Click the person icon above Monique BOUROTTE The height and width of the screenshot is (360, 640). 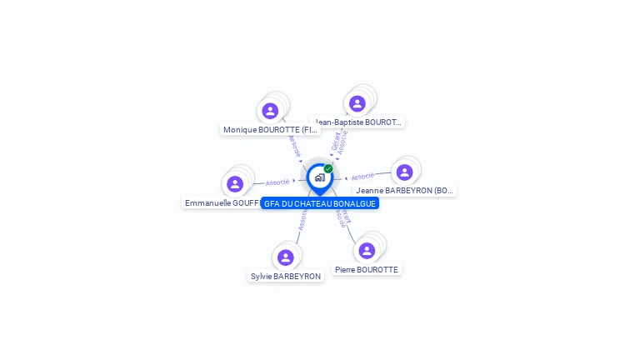(270, 111)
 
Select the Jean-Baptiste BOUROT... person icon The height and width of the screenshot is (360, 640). (357, 103)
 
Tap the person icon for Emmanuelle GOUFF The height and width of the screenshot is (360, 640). (235, 184)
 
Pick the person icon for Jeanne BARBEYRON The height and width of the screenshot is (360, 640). (405, 172)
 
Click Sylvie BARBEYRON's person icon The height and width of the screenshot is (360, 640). (286, 257)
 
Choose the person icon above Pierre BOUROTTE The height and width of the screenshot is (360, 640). (367, 251)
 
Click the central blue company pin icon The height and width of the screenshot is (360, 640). (319, 177)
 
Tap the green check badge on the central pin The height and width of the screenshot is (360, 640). (328, 168)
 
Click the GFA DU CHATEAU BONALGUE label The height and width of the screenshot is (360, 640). (319, 203)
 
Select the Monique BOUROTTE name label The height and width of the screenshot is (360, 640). (270, 130)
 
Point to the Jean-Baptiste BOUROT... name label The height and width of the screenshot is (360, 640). (358, 122)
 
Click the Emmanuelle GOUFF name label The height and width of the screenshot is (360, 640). (222, 203)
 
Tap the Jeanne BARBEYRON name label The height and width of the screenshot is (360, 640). (405, 191)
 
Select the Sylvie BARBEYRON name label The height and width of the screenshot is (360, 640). (286, 277)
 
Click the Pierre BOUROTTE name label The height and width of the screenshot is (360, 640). (367, 270)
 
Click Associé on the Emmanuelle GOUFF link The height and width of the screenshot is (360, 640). (277, 182)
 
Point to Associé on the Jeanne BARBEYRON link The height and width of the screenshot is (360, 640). (362, 177)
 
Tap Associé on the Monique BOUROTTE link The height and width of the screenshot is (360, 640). (293, 146)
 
